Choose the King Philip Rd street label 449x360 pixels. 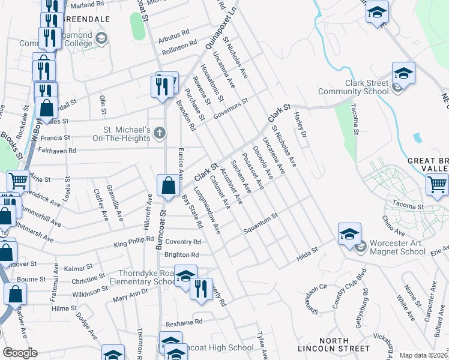pos(133,242)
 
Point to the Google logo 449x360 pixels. pos(20,353)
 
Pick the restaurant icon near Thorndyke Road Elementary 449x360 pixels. pos(201,289)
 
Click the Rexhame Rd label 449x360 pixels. pos(184,323)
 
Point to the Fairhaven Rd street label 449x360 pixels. pos(55,151)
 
